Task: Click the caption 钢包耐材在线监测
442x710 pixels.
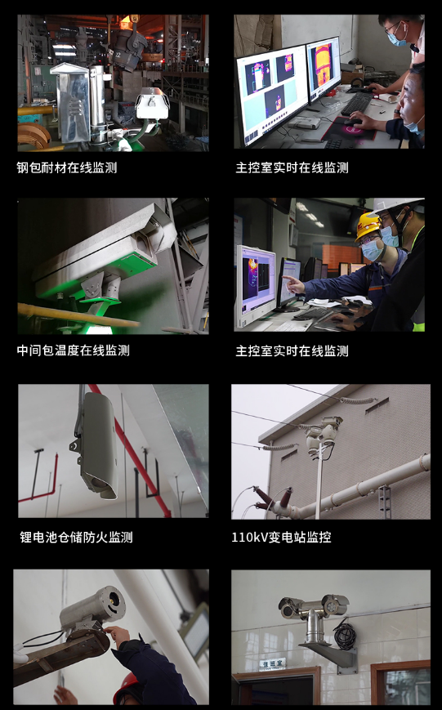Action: point(67,167)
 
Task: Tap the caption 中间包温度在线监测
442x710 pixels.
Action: point(74,351)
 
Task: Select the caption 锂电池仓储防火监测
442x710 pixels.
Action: point(76,538)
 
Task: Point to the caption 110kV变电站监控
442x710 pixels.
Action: point(281,538)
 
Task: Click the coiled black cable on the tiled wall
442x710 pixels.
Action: point(345,636)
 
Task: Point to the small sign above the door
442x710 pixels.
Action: point(272,663)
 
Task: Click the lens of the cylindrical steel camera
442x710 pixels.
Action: point(114,599)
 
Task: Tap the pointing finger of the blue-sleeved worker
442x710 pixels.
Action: point(289,279)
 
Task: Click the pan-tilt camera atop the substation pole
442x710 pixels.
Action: point(324,431)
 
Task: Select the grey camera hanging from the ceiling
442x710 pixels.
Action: point(97,445)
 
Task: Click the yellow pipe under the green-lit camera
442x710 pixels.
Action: point(77,315)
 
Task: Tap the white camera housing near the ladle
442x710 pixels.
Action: point(152,103)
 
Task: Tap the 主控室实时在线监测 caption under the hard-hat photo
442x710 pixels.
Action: point(292,351)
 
